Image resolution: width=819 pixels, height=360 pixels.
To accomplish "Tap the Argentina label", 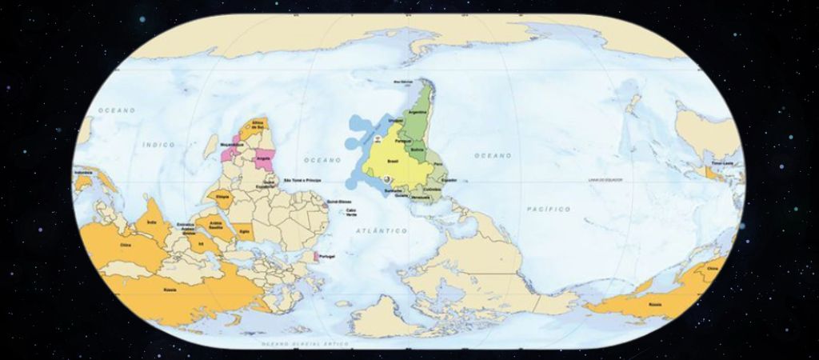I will [x=417, y=113].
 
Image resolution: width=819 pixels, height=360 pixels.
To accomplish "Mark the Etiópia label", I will [x=223, y=195].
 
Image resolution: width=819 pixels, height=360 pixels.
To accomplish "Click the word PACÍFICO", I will [x=549, y=209].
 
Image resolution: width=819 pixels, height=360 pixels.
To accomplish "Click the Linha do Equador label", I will [x=606, y=180].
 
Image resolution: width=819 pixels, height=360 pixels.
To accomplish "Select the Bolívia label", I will [x=416, y=149].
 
